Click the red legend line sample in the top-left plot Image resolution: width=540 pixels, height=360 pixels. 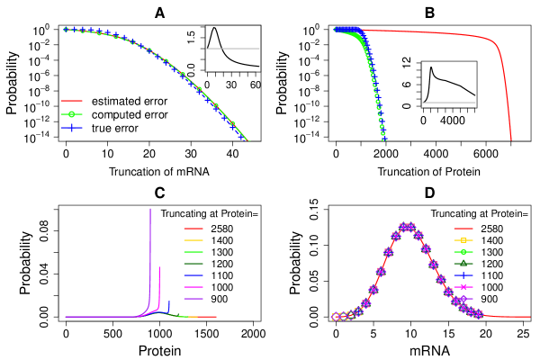[x=71, y=101]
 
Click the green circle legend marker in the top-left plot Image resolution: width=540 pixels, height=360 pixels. [x=71, y=114]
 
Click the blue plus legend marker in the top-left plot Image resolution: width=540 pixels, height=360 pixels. [x=71, y=128]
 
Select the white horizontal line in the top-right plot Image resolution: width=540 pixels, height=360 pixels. [x=449, y=103]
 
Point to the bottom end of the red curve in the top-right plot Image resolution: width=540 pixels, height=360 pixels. [x=511, y=139]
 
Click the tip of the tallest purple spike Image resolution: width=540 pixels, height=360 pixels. [x=149, y=209]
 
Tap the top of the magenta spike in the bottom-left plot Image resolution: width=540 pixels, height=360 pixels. [x=159, y=268]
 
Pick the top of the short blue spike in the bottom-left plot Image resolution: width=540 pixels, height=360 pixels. [x=169, y=301]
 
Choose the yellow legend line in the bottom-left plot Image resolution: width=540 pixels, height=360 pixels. [x=193, y=240]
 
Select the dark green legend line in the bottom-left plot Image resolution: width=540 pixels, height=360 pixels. [x=193, y=264]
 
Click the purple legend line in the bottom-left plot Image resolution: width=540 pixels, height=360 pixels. [x=193, y=299]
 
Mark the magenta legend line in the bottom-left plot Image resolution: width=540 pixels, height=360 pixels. [x=193, y=287]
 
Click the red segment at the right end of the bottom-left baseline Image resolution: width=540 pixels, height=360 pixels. [x=207, y=317]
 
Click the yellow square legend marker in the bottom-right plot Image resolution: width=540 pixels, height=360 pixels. [x=463, y=240]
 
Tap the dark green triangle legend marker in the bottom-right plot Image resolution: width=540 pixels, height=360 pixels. [x=463, y=264]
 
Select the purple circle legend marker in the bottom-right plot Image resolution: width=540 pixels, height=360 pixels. [x=463, y=299]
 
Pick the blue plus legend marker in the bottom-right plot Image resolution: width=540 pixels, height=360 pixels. [x=463, y=275]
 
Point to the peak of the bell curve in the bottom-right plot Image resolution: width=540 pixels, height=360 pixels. [x=407, y=227]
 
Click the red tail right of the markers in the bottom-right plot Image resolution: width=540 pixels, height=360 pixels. [x=508, y=317]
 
